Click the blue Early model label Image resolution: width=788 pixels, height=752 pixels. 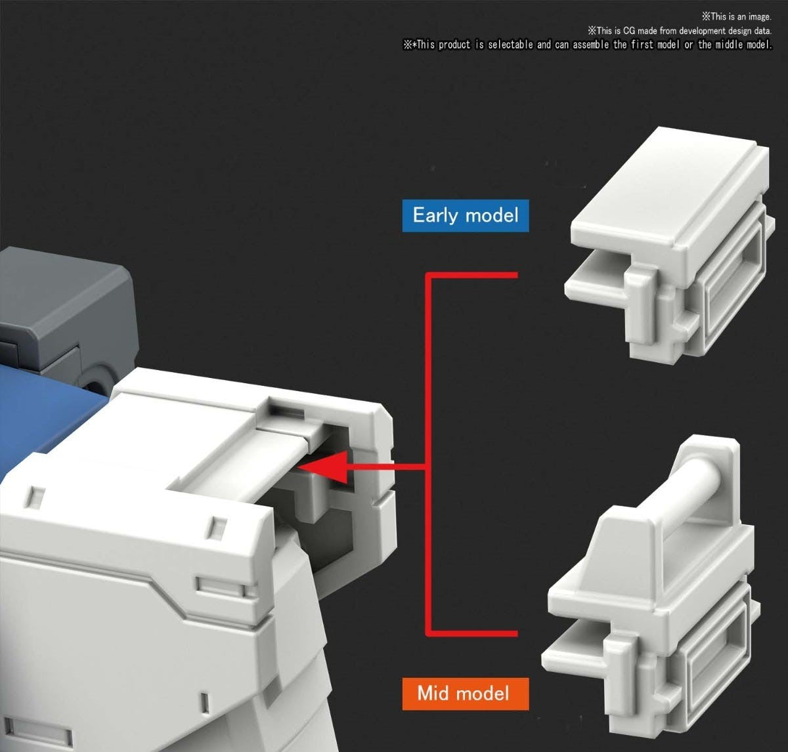click(466, 215)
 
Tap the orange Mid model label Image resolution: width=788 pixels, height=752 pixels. click(466, 694)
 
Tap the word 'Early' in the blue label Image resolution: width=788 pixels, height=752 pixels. click(436, 215)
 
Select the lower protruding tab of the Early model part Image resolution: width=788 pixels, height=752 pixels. click(595, 280)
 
